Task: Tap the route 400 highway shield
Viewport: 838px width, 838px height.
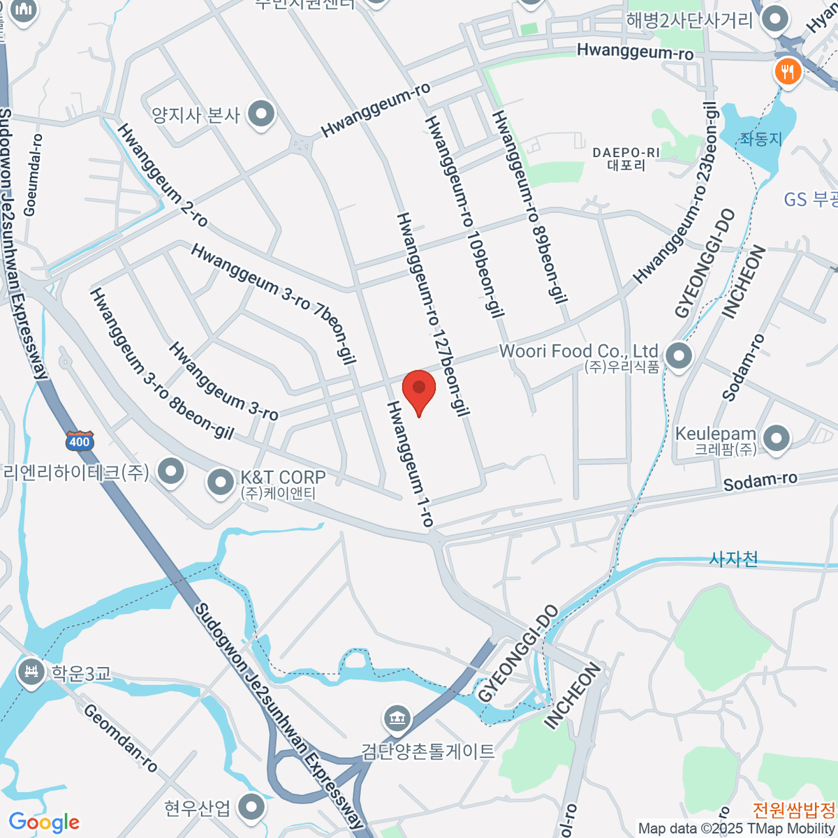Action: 80,441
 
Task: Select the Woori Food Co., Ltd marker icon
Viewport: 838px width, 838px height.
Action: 678,356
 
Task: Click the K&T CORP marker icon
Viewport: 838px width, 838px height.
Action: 221,482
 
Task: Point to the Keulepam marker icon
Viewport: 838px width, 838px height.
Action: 776,439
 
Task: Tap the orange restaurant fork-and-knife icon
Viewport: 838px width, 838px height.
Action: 788,71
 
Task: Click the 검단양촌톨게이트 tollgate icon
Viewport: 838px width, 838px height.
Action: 397,717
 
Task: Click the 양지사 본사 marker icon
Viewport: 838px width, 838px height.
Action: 261,113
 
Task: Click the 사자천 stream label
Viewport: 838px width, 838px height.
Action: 733,559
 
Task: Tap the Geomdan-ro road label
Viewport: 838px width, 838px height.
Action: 120,737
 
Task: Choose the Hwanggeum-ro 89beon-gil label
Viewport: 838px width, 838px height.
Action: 529,207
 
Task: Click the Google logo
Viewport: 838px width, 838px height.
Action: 43,823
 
